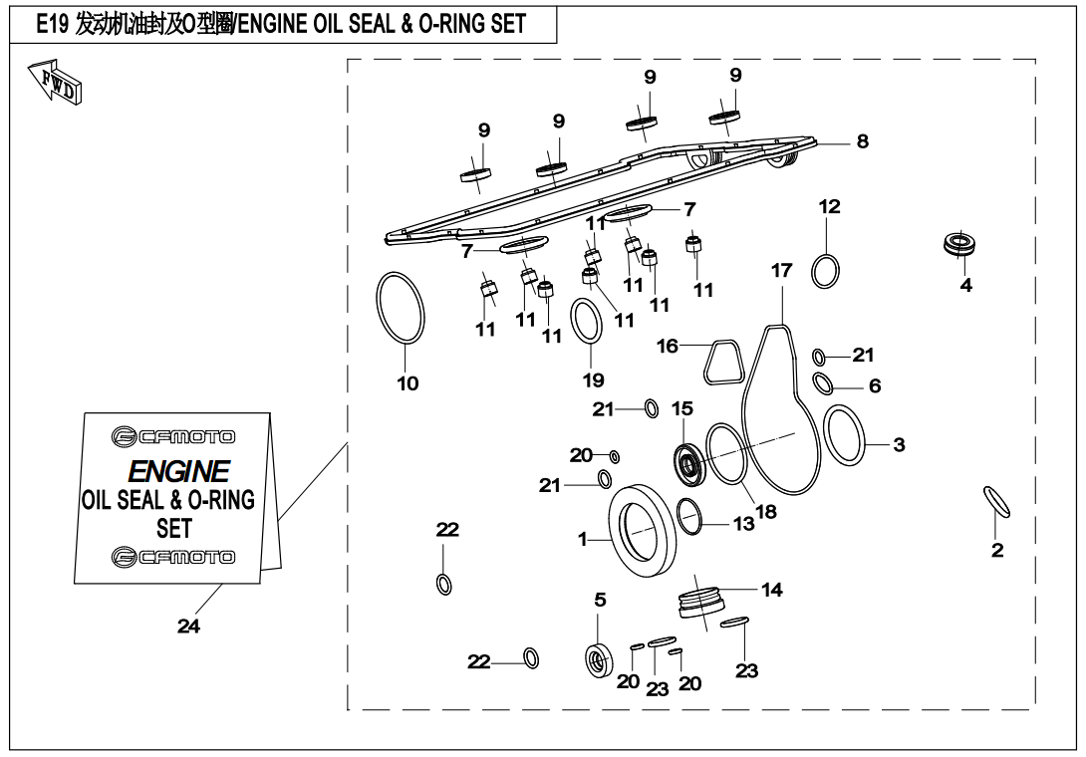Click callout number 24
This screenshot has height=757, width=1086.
[188, 626]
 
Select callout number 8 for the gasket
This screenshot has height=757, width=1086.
[862, 141]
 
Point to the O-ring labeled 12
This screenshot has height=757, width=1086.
[825, 270]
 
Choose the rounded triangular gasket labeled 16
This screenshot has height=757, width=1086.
[722, 363]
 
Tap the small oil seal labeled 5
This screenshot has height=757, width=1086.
[598, 660]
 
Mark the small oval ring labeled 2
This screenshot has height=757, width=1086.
[997, 501]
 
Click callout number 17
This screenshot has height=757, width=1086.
[781, 270]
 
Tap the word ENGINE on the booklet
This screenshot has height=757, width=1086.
[179, 470]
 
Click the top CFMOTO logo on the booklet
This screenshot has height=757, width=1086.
[173, 436]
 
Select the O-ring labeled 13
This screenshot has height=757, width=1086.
[689, 516]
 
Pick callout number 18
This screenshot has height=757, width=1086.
[765, 512]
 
